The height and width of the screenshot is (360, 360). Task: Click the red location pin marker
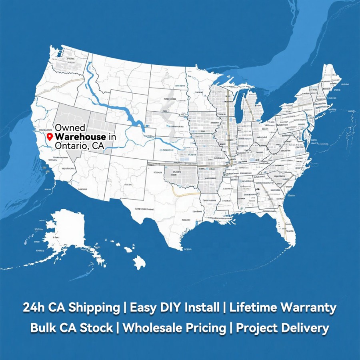[50, 137]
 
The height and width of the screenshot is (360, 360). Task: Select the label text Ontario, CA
[79, 146]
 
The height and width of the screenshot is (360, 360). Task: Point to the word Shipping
[94, 308]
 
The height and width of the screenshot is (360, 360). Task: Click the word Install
[202, 308]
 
